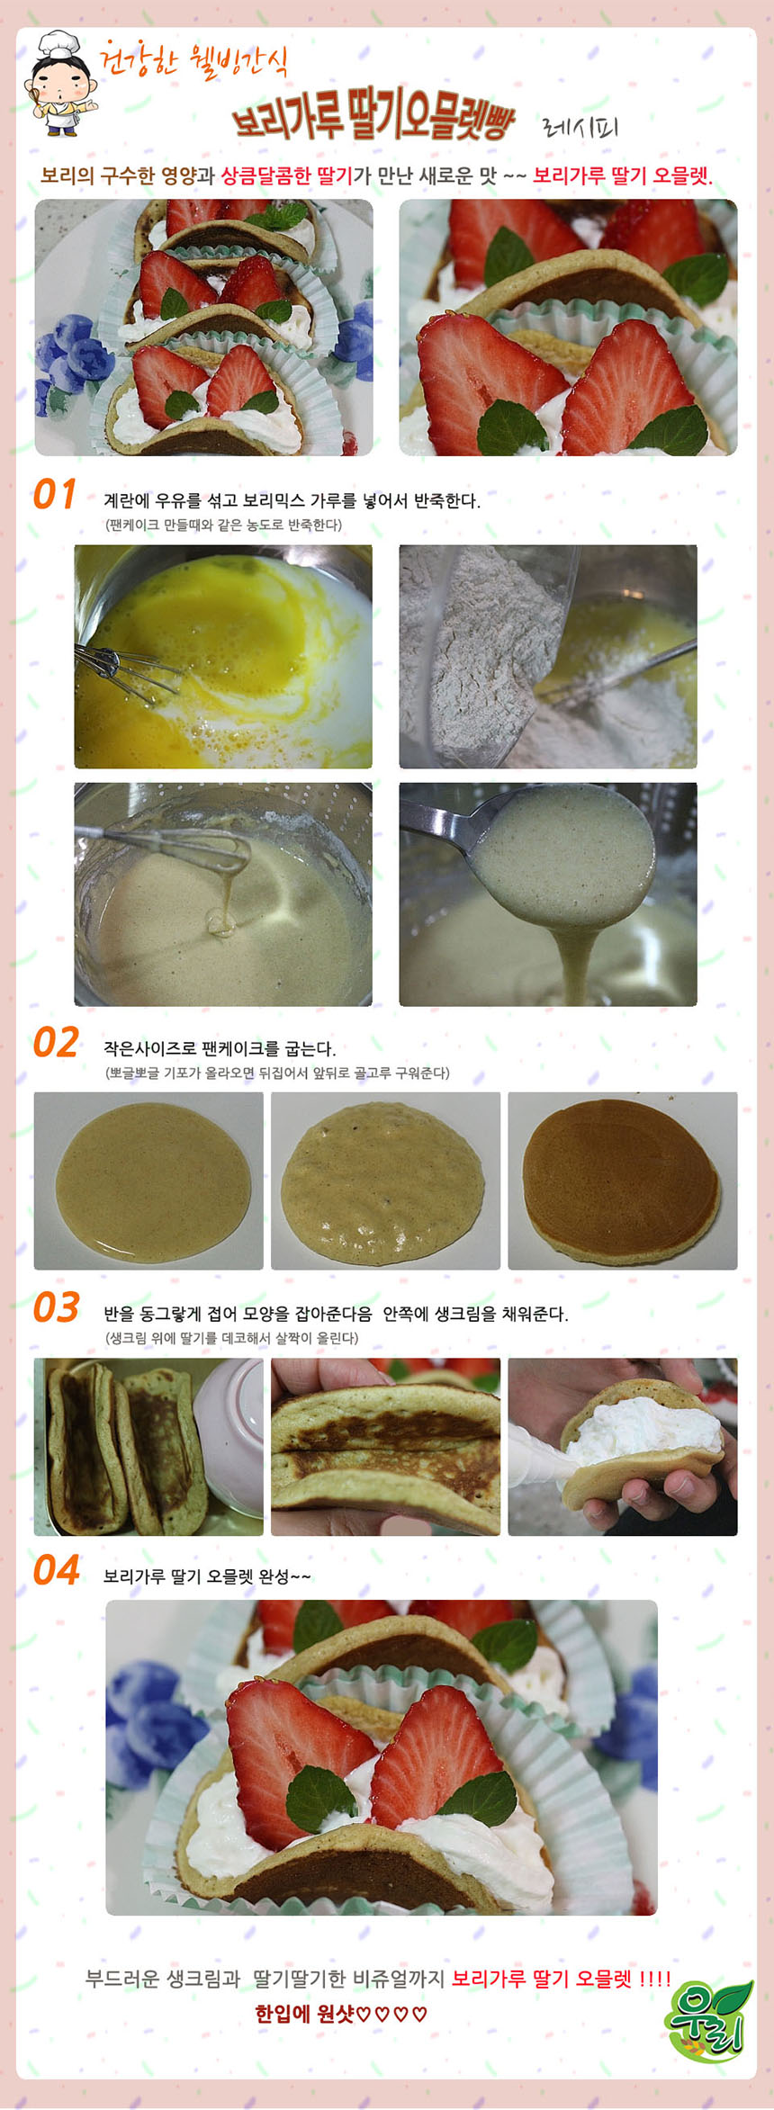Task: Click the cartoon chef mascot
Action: pos(58,84)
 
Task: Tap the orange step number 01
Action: pos(55,495)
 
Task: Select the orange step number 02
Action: pos(56,1043)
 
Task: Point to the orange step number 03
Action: pos(56,1307)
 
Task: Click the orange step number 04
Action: pos(56,1570)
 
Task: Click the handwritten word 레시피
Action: pos(580,126)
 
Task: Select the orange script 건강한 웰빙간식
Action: pos(194,60)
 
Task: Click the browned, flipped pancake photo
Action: pos(622,1181)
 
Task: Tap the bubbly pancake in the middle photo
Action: pos(385,1181)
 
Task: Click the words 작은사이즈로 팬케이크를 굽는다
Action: pos(219,1048)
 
